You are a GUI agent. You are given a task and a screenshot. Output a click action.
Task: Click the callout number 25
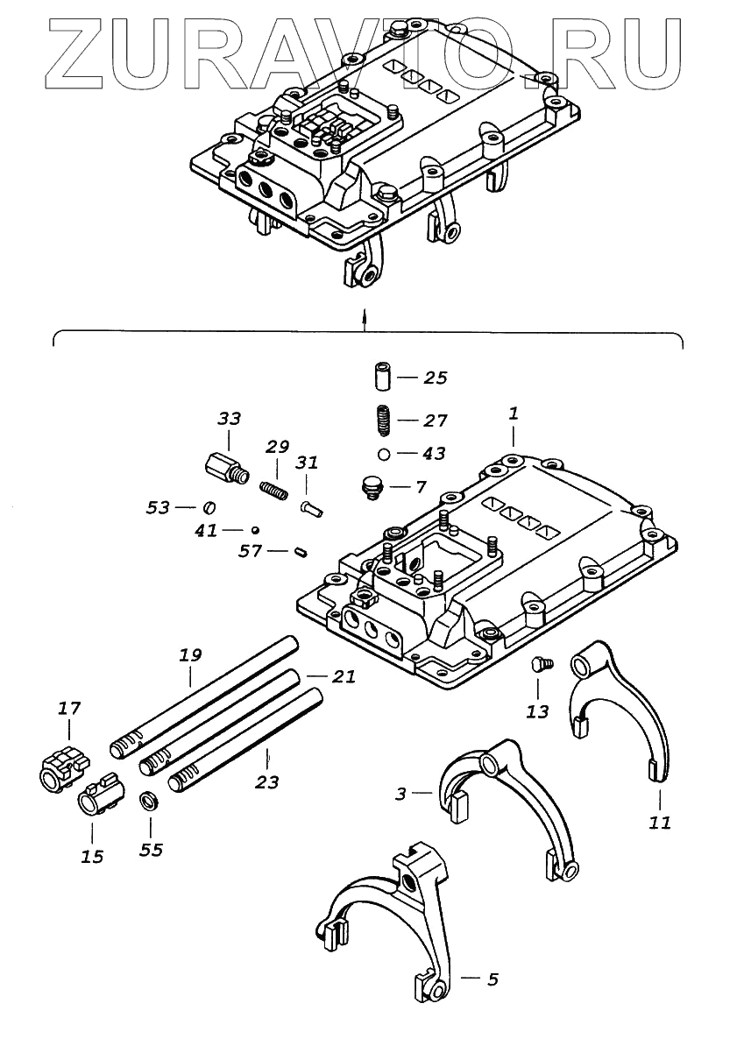(435, 378)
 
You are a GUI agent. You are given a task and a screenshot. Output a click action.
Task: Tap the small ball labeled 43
(384, 454)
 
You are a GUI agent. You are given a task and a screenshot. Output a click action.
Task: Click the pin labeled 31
(312, 507)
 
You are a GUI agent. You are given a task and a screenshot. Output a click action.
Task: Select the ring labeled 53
(209, 507)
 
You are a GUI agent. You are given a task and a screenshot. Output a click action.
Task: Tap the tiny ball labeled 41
(253, 529)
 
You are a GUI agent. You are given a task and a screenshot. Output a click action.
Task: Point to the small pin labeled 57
(301, 551)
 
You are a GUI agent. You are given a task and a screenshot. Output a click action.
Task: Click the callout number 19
(191, 654)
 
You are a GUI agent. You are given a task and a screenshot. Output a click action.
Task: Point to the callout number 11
(660, 823)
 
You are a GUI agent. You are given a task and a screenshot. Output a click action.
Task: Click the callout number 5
(492, 979)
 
